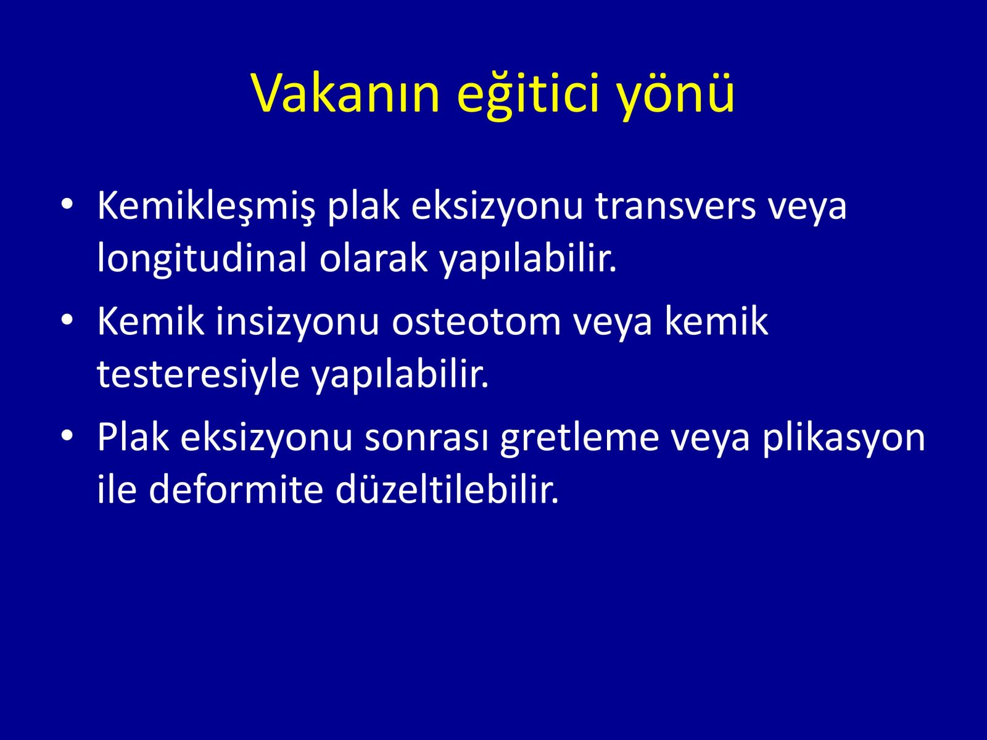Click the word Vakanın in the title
tap(345, 94)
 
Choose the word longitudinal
tap(202, 259)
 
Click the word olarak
tap(373, 259)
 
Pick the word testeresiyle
tap(198, 376)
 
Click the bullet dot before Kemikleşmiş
tap(67, 205)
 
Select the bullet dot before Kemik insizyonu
tap(67, 320)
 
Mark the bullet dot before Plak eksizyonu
tap(67, 436)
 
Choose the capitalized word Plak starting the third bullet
tap(133, 438)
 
